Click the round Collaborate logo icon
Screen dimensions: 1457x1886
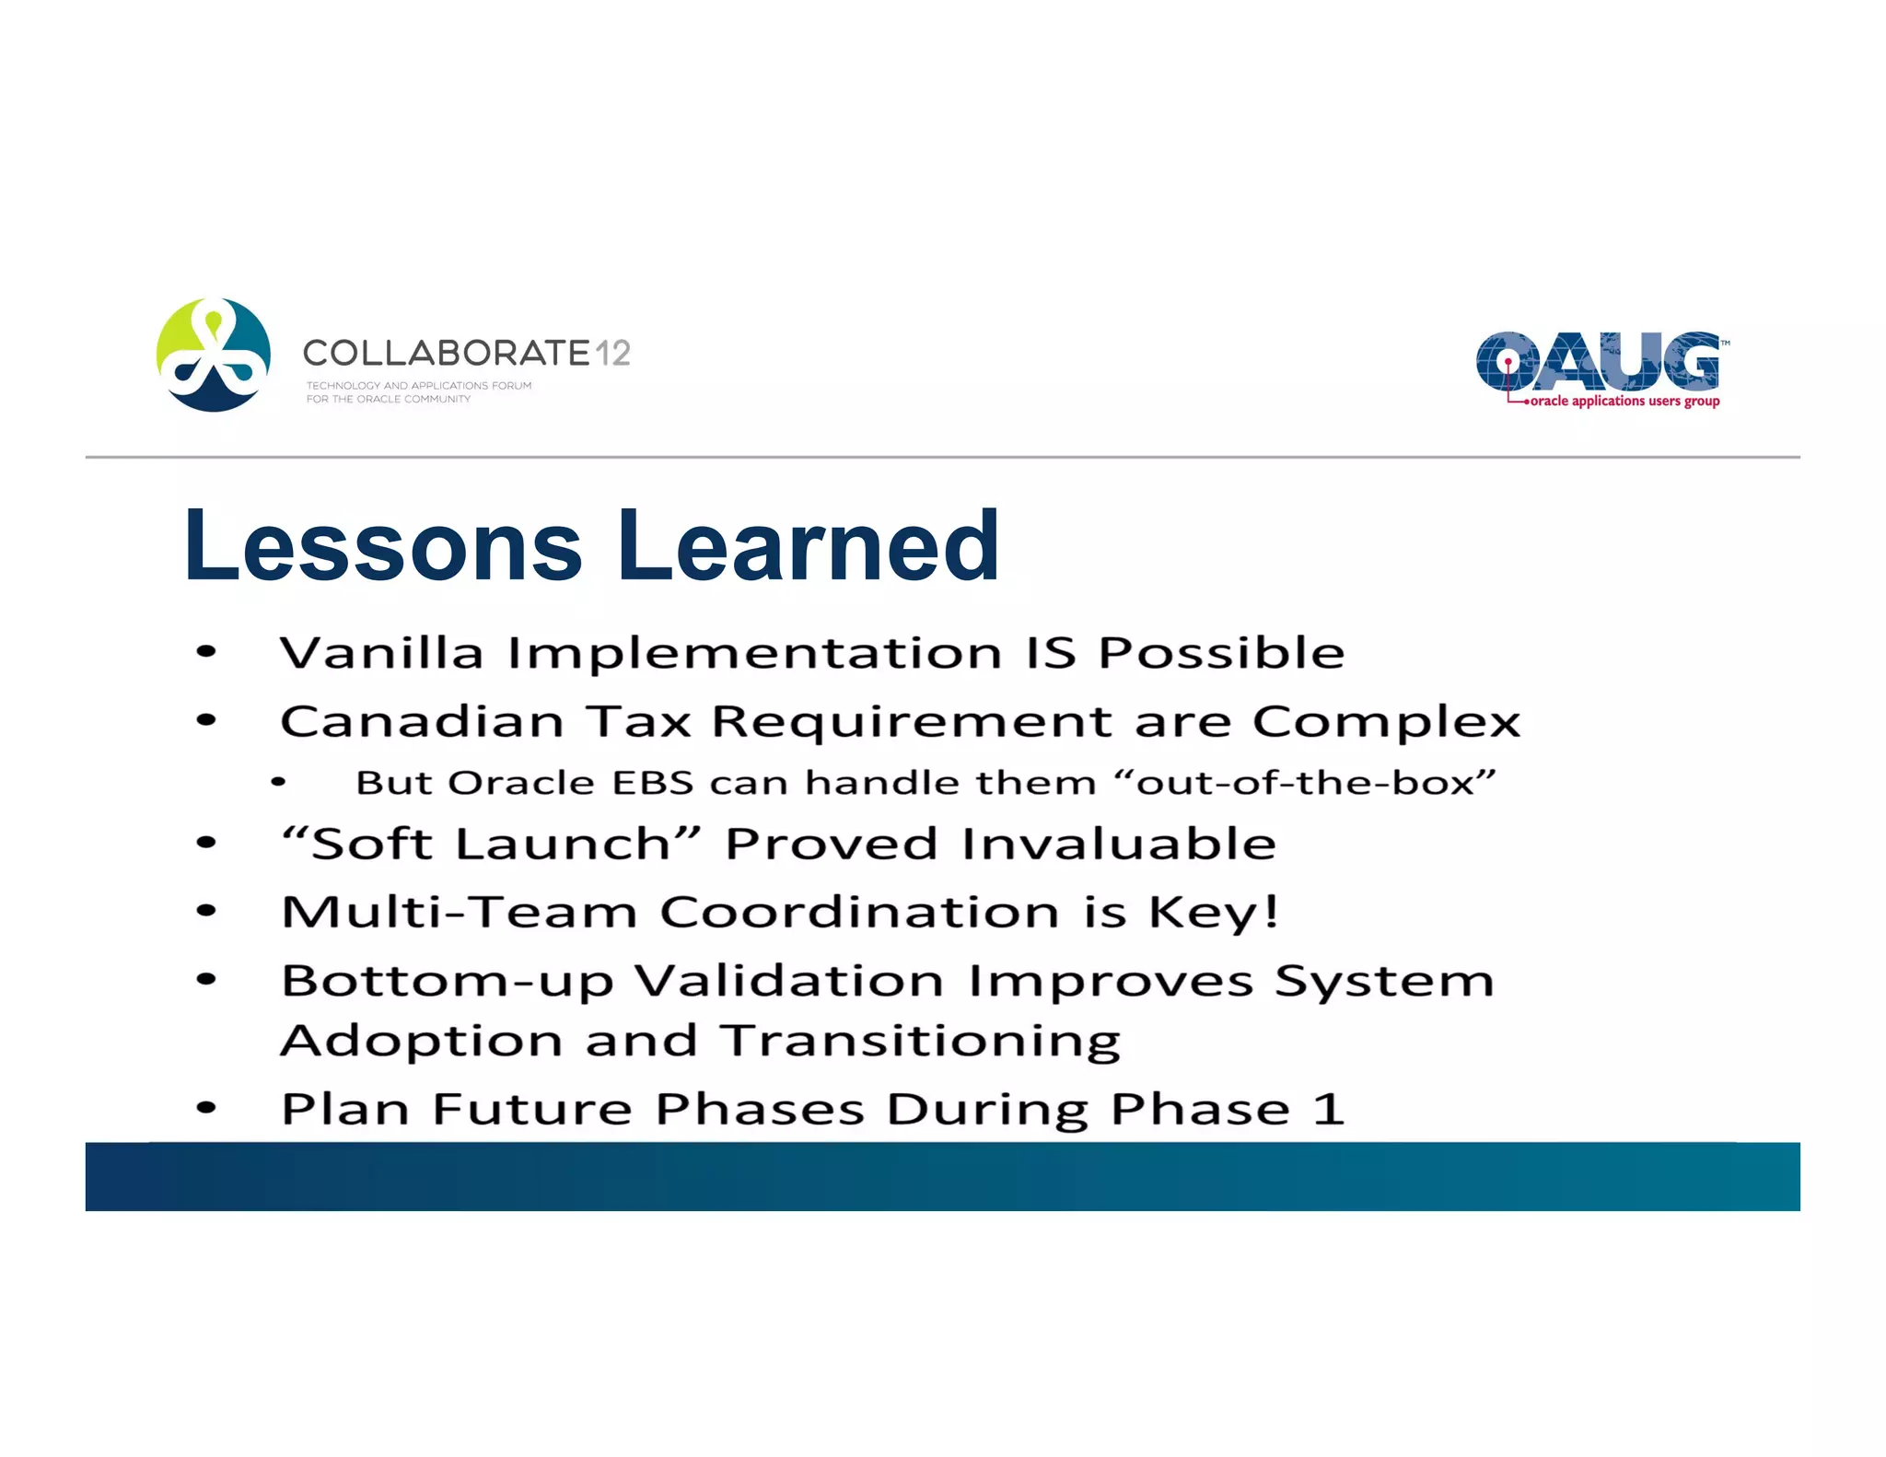click(214, 355)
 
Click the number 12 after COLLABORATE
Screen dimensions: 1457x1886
click(612, 353)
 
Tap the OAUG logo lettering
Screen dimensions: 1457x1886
click(1598, 362)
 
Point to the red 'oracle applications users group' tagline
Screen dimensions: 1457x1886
click(1624, 402)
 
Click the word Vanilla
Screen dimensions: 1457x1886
click(381, 653)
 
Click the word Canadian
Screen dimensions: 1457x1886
click(422, 721)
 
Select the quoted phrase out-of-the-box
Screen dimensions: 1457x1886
click(1305, 783)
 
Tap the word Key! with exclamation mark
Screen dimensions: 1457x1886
click(1214, 913)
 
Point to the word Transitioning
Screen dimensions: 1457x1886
click(920, 1042)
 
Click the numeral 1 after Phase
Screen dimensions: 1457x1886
click(1328, 1109)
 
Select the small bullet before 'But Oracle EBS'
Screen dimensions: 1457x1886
click(278, 783)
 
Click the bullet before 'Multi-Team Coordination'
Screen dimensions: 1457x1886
click(206, 912)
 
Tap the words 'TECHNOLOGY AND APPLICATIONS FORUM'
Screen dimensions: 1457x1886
click(418, 386)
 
